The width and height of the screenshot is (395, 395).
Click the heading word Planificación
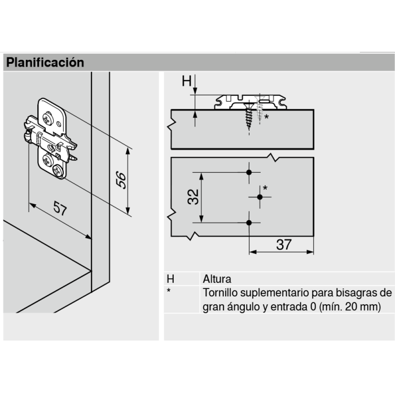pos(45,63)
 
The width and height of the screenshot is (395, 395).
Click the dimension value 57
pos(60,208)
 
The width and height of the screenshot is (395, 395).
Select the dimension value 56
pos(121,179)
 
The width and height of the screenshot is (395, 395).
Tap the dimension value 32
pos(193,197)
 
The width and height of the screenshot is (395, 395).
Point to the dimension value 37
pos(284,244)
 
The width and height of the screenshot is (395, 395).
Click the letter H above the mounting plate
pos(187,81)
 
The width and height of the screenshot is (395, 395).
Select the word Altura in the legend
pos(217,279)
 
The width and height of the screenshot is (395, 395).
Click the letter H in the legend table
pos(170,279)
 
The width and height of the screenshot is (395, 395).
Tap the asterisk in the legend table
pos(169,290)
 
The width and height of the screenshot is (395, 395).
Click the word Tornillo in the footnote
pos(220,293)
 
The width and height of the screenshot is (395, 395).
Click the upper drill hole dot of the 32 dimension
pos(249,172)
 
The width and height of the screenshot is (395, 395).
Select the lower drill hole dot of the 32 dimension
pos(249,223)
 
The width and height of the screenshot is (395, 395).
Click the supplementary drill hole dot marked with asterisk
pos(260,197)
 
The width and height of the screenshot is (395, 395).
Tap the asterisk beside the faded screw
pos(266,117)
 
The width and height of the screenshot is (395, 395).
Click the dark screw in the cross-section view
pos(249,116)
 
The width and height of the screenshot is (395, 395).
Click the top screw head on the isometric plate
pos(47,118)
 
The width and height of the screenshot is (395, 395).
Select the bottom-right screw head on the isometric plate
pos(58,172)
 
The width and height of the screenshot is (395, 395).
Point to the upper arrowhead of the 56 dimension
pos(128,151)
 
